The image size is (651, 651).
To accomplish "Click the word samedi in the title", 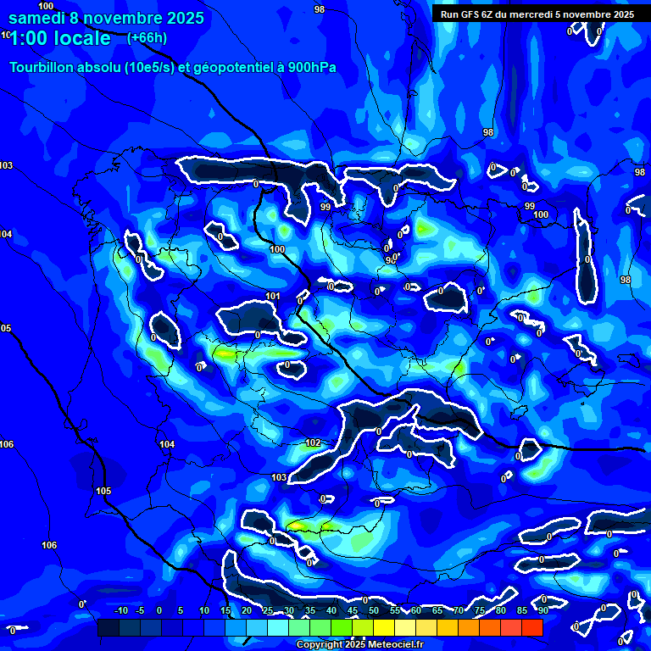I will (x=39, y=17).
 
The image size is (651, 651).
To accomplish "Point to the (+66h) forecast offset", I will (x=147, y=38).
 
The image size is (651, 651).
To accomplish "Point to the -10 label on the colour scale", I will (x=120, y=610).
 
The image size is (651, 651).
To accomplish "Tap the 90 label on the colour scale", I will (x=542, y=610).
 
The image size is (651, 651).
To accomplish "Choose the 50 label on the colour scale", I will (x=373, y=610).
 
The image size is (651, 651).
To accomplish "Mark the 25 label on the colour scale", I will (x=267, y=610).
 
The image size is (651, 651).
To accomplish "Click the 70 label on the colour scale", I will (x=458, y=610).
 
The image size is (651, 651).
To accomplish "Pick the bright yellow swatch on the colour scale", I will (x=383, y=627).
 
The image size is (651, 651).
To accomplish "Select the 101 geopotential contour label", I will (x=272, y=296).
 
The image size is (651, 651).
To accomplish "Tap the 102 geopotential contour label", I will (x=313, y=442).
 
